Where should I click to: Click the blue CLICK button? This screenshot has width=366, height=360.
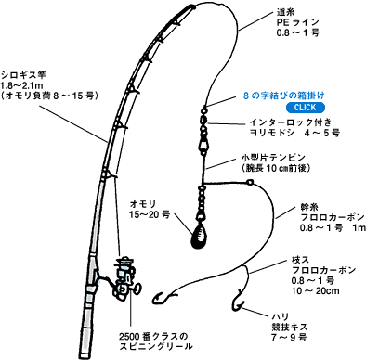tap(277, 107)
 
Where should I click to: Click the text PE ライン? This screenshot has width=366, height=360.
tap(300, 27)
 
